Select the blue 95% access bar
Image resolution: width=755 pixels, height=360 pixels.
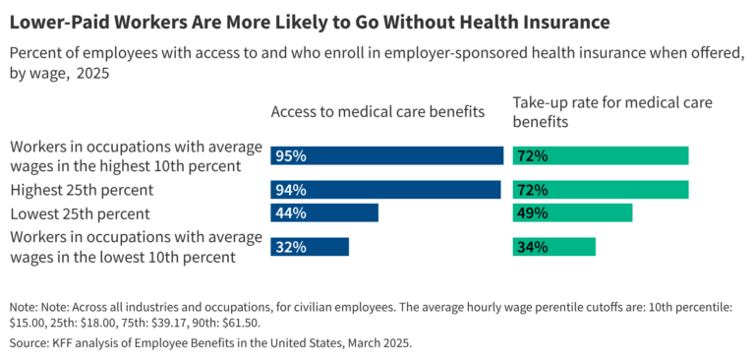[x=386, y=155]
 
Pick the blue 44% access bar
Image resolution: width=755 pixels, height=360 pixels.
[x=324, y=212]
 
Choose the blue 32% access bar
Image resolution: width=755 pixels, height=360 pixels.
[x=310, y=247]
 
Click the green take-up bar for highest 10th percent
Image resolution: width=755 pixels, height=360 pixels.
[x=601, y=155]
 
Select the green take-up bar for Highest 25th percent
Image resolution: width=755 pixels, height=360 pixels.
[x=601, y=189]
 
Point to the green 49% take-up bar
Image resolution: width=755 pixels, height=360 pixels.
[x=572, y=212]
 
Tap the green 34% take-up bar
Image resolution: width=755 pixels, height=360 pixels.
[x=553, y=247]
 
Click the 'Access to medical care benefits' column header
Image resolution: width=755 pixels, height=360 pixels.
[x=377, y=112]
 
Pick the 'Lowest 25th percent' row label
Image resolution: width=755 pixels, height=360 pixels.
[x=79, y=212]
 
